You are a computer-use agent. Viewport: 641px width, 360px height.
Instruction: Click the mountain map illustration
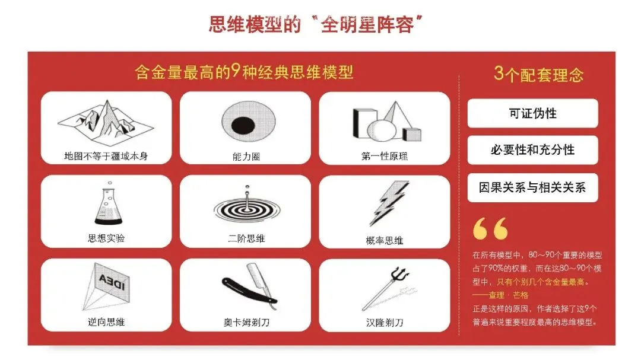(106, 123)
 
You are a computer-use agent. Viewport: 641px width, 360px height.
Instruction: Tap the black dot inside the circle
(243, 125)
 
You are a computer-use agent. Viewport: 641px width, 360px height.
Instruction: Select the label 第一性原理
(384, 156)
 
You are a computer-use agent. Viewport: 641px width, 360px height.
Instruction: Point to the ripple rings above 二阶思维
(247, 210)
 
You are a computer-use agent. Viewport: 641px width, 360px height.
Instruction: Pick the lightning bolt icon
(388, 203)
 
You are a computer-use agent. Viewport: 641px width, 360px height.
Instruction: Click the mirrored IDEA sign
(112, 282)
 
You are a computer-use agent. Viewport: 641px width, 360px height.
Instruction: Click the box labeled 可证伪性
(532, 113)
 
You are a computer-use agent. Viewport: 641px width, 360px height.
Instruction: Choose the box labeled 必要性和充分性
(532, 150)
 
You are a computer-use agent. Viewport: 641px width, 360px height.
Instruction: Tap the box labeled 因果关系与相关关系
(532, 187)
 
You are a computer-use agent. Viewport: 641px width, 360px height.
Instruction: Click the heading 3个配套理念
(538, 74)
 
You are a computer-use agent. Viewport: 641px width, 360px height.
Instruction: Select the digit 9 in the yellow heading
(234, 71)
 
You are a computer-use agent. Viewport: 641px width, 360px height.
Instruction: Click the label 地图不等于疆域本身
(106, 156)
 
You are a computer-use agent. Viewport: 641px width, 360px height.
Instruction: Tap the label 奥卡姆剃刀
(246, 323)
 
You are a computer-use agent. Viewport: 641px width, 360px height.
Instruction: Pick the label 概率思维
(384, 240)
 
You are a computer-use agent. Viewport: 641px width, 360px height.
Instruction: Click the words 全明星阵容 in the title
(367, 25)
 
